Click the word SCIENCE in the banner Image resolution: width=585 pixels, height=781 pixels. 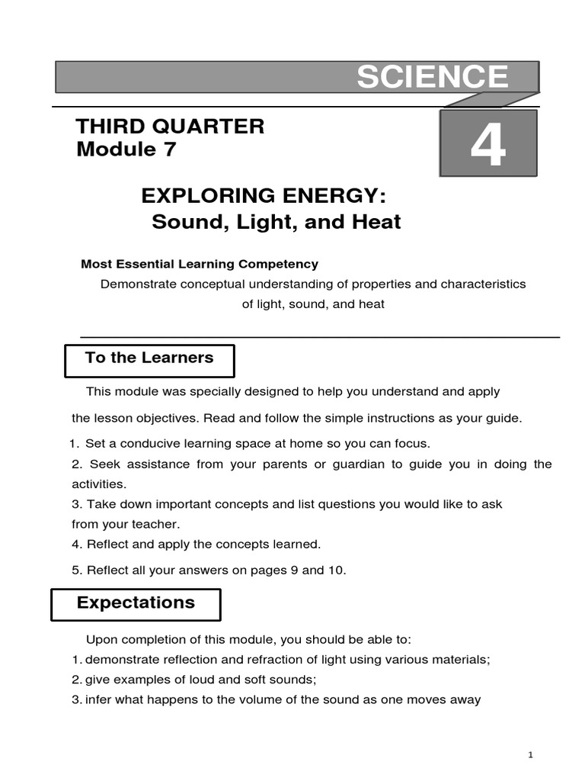point(432,78)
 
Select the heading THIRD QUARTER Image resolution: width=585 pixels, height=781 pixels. point(171,126)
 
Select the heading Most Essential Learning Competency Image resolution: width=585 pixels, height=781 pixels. point(200,264)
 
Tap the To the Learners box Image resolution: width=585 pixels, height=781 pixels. point(149,358)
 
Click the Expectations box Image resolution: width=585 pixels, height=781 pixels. point(136,603)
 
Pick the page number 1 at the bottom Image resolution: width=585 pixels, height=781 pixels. point(531,754)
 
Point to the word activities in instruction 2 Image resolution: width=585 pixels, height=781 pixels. point(99,484)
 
